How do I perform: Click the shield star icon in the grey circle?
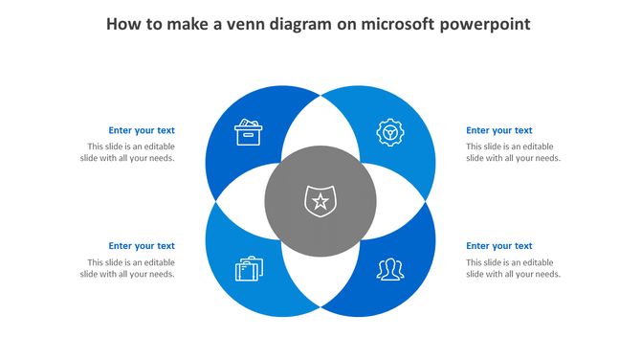[x=320, y=201]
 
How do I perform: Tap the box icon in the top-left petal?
[x=249, y=132]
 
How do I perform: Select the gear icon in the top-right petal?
[x=389, y=132]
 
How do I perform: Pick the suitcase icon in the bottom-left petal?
[x=249, y=269]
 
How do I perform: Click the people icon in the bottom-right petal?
[x=389, y=269]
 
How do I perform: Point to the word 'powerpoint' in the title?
[x=484, y=23]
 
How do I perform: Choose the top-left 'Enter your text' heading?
[x=142, y=130]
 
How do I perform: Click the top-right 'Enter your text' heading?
[x=498, y=130]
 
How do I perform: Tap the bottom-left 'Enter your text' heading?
[x=142, y=246]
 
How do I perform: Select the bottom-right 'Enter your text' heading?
[x=498, y=246]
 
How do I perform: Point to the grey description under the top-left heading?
[x=127, y=152]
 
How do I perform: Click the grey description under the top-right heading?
[x=513, y=152]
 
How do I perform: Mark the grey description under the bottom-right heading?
[x=513, y=268]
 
